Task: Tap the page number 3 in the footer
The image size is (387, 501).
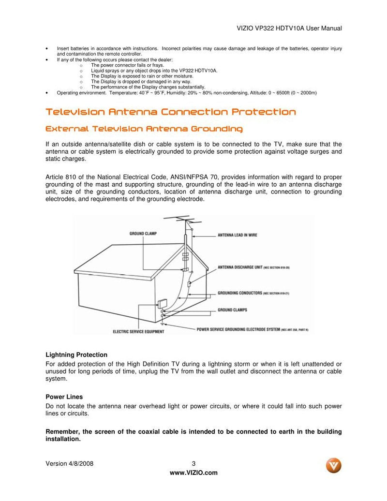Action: click(193, 463)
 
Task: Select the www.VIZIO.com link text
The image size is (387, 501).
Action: click(193, 472)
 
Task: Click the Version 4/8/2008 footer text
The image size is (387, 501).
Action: click(69, 463)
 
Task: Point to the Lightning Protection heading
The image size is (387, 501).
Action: click(76, 355)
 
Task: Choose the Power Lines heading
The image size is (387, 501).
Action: click(64, 397)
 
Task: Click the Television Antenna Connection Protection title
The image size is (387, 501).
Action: click(170, 112)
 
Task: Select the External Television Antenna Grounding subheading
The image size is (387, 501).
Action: click(144, 129)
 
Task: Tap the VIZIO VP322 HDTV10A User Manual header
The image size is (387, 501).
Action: click(289, 29)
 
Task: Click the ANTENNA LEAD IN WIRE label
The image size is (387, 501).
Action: click(237, 235)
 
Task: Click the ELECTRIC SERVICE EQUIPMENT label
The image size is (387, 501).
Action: click(138, 332)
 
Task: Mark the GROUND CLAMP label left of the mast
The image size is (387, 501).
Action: click(143, 234)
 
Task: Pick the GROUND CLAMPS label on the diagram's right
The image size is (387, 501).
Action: click(233, 309)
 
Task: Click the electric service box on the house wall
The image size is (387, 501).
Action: click(161, 304)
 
